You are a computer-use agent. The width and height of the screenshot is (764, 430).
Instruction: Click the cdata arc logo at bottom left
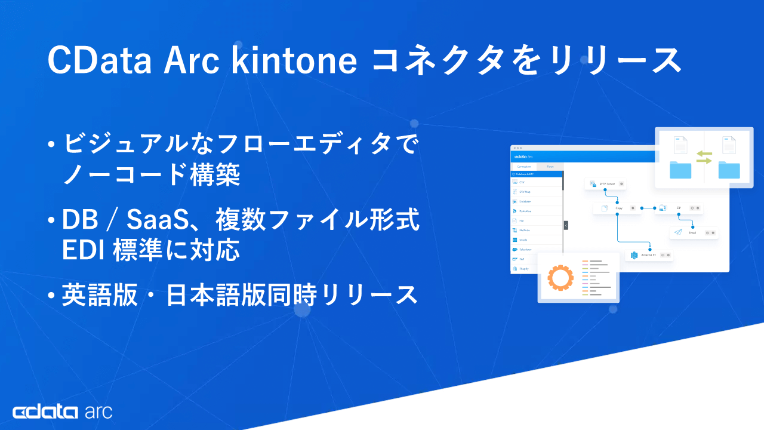tap(62, 411)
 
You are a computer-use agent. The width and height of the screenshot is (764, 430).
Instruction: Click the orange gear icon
tap(560, 278)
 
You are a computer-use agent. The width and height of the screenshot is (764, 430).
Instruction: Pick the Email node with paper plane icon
tap(692, 233)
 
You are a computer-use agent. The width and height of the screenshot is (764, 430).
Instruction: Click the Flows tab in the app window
tap(550, 167)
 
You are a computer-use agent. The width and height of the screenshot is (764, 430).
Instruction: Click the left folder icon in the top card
tap(680, 170)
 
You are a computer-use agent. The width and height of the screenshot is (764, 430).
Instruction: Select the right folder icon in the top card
tap(729, 170)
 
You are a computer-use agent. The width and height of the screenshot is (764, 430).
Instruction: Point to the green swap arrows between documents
tap(704, 157)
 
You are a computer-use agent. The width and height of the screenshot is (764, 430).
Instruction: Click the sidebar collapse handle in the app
tap(566, 225)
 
